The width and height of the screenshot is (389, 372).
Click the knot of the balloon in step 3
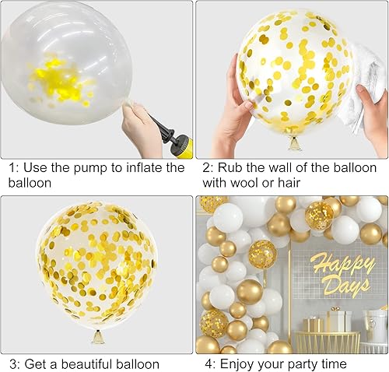click(x=97, y=336)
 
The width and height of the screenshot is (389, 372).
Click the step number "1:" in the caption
click(x=12, y=168)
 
